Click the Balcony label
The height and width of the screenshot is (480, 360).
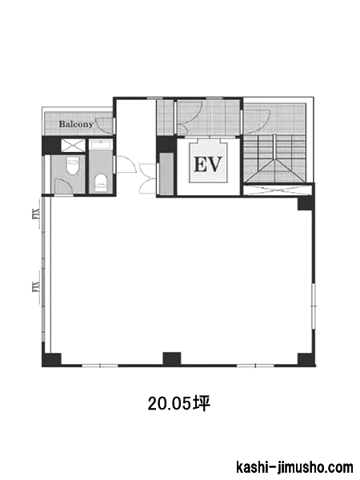click(76, 124)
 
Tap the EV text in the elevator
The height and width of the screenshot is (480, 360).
click(207, 164)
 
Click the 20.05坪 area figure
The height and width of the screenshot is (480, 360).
click(179, 404)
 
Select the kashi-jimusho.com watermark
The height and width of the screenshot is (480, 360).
click(294, 467)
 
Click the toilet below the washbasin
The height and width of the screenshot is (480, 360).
click(100, 182)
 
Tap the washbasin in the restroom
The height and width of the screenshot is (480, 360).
click(101, 145)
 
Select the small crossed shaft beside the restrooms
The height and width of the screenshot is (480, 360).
click(73, 145)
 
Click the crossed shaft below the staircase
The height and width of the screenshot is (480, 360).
click(278, 190)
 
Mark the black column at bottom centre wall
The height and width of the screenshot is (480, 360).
click(172, 358)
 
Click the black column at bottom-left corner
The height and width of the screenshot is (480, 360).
click(51, 359)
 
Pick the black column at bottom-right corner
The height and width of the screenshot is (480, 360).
click(306, 359)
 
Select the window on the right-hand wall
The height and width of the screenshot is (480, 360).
click(313, 306)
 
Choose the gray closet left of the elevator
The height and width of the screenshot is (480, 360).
click(166, 174)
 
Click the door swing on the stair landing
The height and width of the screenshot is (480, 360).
click(257, 123)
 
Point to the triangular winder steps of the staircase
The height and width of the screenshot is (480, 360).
click(275, 170)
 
